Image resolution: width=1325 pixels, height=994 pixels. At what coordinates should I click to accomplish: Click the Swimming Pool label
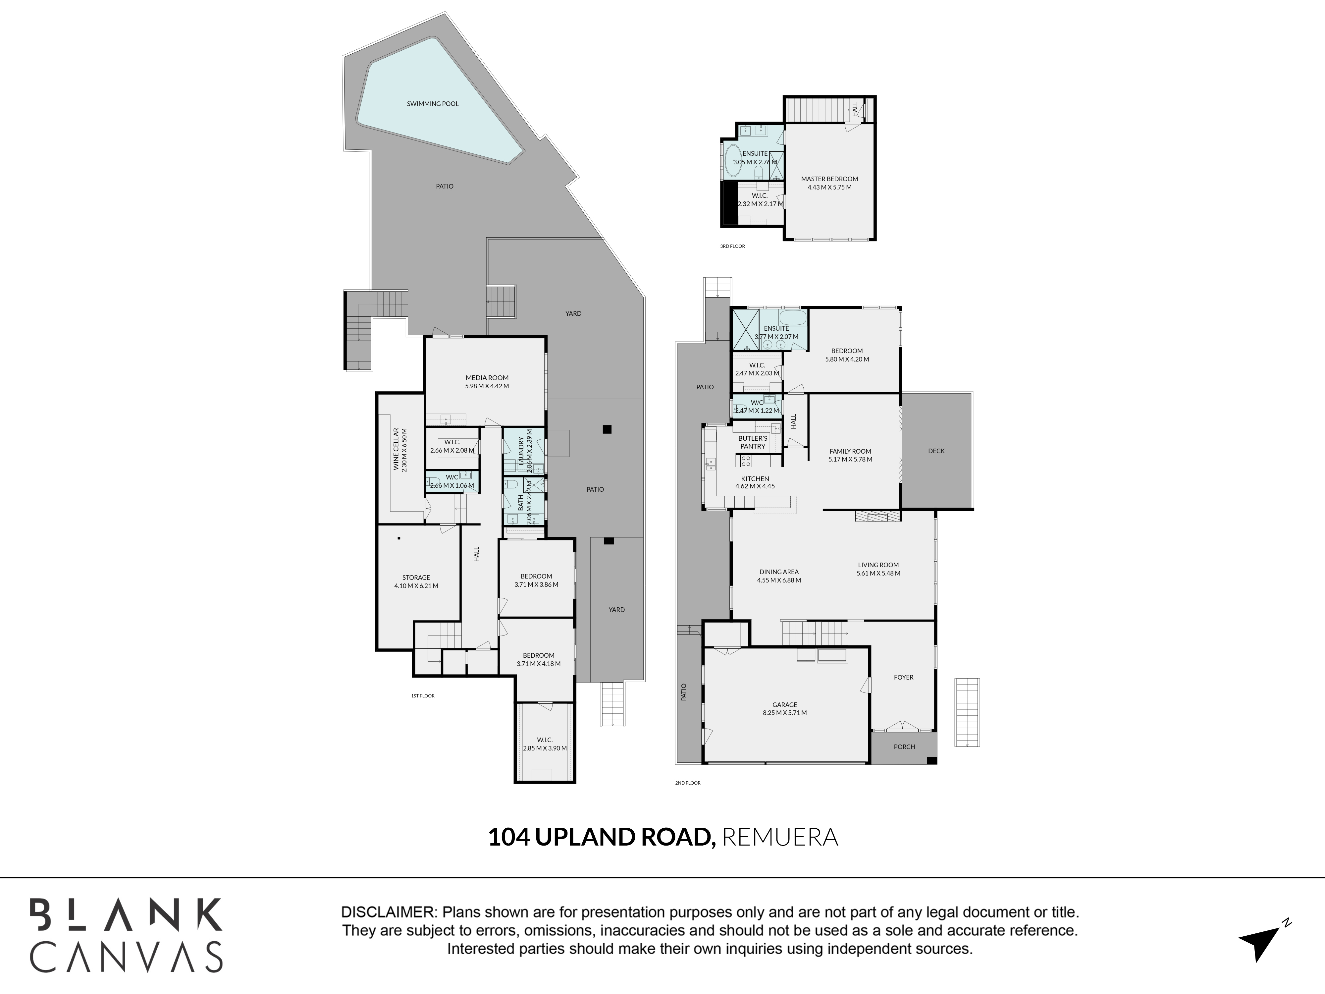[433, 104]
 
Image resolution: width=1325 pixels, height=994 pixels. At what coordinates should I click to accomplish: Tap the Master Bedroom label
[830, 179]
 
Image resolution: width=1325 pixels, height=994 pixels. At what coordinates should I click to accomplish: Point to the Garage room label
[785, 705]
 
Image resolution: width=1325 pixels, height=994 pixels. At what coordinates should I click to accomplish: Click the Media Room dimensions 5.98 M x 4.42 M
[487, 386]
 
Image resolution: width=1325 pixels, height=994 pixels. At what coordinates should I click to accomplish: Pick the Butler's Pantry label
[753, 442]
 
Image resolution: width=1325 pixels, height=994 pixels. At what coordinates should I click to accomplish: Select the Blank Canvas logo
[127, 935]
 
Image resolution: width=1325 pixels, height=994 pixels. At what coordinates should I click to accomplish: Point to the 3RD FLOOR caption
[733, 246]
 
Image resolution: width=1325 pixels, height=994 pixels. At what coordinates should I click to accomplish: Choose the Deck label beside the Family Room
[936, 451]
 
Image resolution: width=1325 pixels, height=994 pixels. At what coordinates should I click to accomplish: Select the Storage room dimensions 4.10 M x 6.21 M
[416, 586]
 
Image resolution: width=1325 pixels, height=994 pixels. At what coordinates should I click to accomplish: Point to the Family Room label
[851, 451]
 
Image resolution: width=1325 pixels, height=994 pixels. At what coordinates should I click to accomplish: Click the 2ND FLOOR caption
[688, 783]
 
